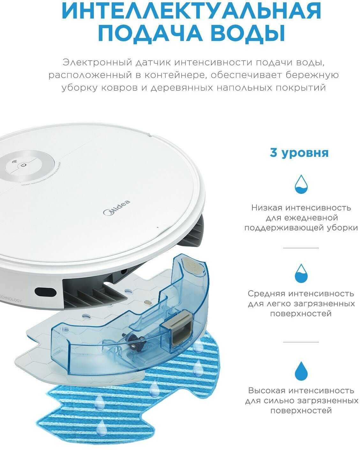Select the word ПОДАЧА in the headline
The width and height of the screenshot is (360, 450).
(150, 33)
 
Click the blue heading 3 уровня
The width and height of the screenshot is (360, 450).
(299, 153)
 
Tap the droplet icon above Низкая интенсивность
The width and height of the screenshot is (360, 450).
(301, 184)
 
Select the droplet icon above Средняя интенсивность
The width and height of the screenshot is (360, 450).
(301, 273)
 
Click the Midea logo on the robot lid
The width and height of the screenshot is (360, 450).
(116, 208)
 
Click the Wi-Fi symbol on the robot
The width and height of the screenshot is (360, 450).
(15, 162)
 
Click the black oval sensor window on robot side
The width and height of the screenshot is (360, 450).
(46, 292)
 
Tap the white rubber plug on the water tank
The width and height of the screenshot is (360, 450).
(193, 267)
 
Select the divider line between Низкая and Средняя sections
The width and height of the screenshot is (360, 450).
(301, 248)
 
